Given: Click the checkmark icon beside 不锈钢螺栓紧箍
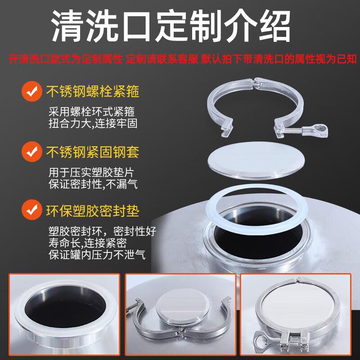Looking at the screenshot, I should (31, 92).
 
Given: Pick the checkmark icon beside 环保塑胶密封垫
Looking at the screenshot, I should (31, 210).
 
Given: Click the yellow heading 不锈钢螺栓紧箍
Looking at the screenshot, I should (93, 92).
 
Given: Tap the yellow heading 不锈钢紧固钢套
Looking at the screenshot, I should (93, 152).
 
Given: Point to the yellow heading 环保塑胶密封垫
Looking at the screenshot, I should (93, 210).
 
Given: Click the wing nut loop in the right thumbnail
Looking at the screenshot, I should (262, 339).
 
